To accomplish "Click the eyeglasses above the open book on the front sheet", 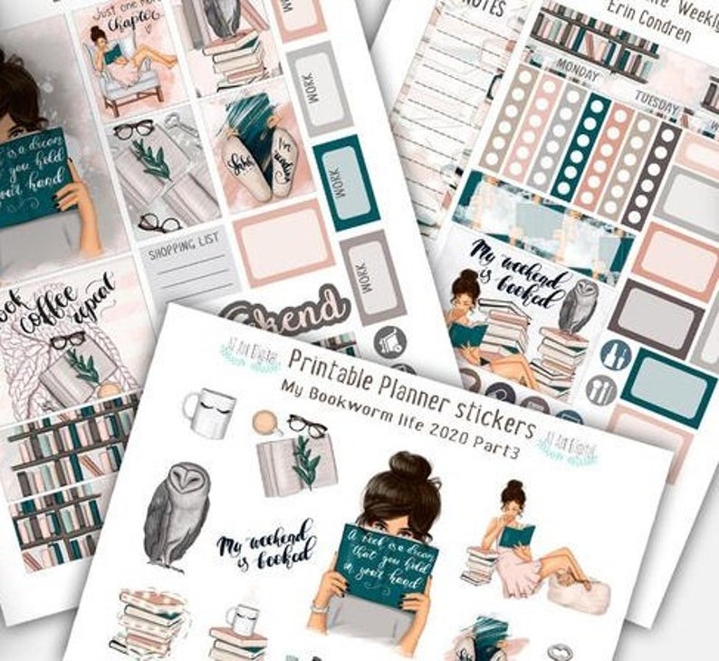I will pos(307,426).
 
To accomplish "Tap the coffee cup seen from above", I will pos(264,422).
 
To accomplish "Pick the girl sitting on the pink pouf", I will pos(525,548).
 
